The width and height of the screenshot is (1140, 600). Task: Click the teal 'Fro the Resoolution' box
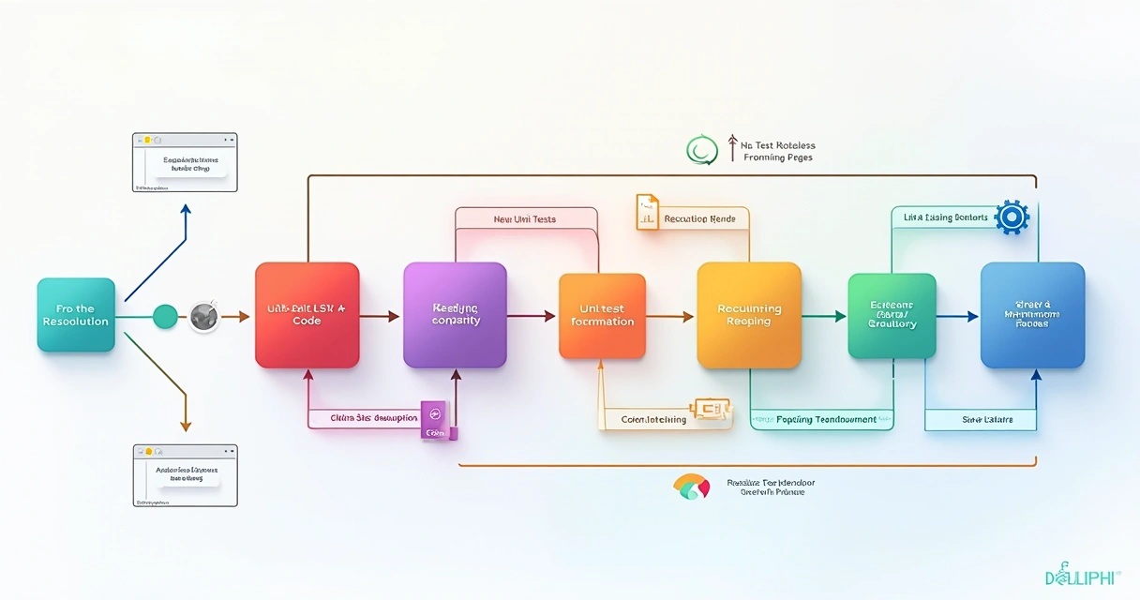76,315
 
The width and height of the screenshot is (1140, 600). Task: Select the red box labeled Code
307,315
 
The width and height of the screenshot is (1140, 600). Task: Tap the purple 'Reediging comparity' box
455,315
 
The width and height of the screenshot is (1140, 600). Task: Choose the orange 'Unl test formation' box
602,316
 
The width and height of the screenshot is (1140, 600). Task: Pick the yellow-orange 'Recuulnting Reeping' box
749,315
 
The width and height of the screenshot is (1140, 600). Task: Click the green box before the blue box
892,316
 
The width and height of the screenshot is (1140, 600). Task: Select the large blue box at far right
1032,315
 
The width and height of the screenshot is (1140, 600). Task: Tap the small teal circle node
165,317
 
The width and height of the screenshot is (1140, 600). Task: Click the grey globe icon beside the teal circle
204,317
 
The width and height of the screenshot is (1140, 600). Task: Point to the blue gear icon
1012,217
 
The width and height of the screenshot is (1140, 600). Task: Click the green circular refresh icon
701,150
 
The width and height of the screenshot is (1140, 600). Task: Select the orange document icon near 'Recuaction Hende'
648,212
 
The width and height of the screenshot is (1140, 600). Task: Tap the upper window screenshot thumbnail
185,162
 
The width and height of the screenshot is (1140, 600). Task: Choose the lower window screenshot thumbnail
185,475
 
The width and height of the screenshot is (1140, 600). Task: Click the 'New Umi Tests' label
524,219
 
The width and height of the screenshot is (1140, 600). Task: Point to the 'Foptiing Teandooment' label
827,419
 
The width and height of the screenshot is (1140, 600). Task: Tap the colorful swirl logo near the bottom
692,487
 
